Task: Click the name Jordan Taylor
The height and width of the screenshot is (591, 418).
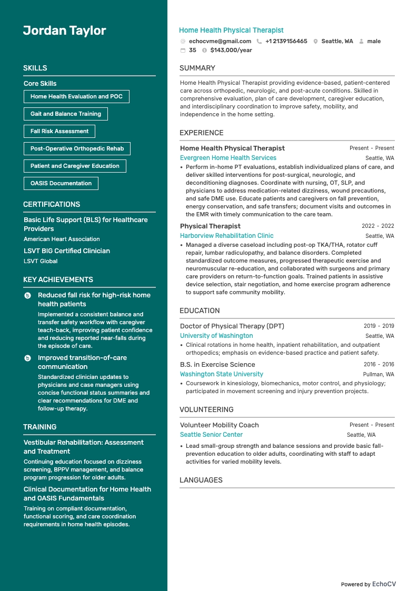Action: click(64, 31)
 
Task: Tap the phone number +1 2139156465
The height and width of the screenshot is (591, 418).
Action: click(286, 41)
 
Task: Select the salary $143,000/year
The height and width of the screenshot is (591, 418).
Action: click(231, 51)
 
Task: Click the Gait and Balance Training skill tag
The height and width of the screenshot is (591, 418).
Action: click(65, 114)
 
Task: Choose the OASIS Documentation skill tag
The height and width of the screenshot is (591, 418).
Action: click(61, 183)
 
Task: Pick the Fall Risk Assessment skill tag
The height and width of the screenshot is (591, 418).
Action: click(59, 131)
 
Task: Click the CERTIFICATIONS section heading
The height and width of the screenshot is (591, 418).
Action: click(52, 204)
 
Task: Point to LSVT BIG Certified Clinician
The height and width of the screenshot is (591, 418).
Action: click(67, 251)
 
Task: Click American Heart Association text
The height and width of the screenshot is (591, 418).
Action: click(62, 239)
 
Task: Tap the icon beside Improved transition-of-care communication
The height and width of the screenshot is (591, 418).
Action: click(28, 358)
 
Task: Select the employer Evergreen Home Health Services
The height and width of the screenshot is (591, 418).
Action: click(228, 158)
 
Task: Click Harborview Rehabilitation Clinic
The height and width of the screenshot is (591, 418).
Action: click(226, 236)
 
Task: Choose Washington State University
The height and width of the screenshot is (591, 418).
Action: click(221, 374)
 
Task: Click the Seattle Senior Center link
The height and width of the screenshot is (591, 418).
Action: click(211, 435)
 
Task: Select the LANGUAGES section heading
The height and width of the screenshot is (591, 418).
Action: click(201, 480)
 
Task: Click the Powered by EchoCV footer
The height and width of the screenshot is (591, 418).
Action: click(368, 584)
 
